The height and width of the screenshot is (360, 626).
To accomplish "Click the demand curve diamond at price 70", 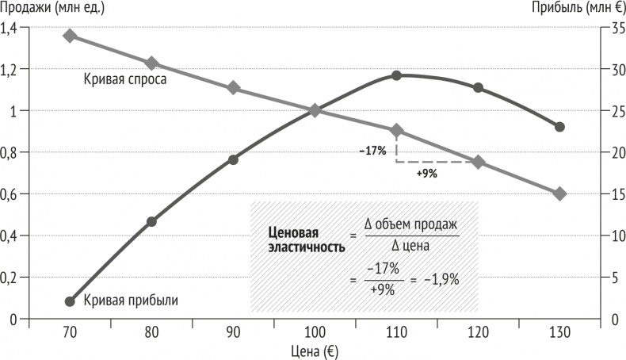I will (70, 36).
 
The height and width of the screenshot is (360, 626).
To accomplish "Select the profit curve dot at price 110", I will (396, 75).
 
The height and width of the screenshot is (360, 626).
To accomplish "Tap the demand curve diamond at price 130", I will (559, 193).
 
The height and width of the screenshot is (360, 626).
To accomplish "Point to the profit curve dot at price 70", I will (70, 301).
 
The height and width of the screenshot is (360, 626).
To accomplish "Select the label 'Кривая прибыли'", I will (131, 301).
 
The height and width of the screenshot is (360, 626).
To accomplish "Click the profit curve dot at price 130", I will (559, 127).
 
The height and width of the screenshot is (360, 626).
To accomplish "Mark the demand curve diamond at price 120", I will (478, 162).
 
